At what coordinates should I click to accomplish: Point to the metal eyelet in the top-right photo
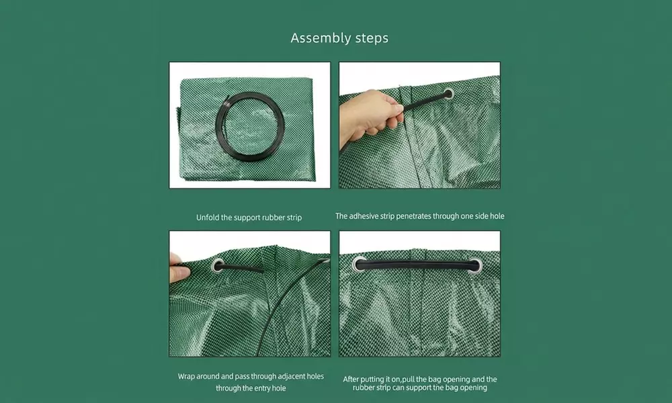pos(448,95)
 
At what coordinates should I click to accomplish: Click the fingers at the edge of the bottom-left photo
pos(178,267)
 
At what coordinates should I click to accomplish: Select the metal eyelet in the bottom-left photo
pos(218,265)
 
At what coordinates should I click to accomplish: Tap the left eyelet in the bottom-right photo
pos(360,265)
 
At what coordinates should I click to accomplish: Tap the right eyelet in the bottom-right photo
pos(475,265)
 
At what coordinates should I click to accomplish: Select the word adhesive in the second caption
pos(368,216)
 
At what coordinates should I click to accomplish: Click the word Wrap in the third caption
pos(187,377)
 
